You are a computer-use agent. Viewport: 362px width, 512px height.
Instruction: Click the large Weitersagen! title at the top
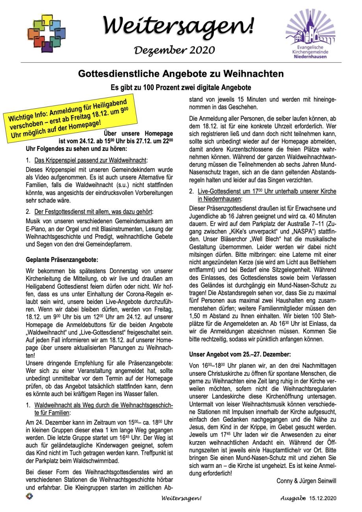pos(179,26)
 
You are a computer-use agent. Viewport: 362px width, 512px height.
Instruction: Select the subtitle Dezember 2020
pos(175,50)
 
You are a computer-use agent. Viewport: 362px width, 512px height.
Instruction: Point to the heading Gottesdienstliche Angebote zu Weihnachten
pos(181,74)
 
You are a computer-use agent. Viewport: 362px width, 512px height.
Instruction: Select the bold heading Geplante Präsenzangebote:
pos(62,260)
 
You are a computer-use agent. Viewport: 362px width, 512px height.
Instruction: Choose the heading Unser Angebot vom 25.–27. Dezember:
pos(240,354)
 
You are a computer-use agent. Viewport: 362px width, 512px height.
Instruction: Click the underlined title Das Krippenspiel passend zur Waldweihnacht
pos(91,160)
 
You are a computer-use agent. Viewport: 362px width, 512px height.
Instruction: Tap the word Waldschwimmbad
pos(99,461)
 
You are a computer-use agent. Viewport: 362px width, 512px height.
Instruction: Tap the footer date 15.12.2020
pos(323,498)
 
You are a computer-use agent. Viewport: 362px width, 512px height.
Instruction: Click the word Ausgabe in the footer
pos(293,498)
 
